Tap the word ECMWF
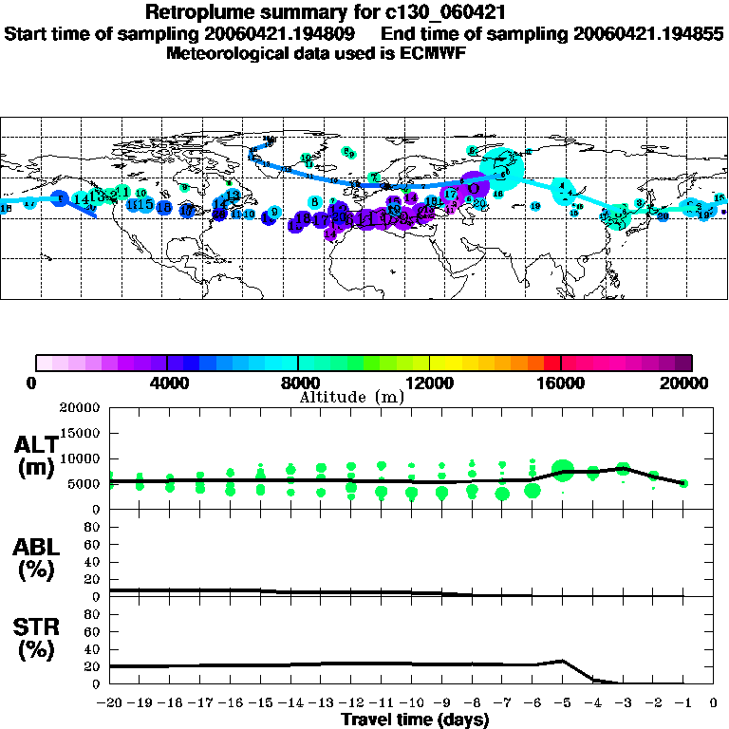point(437,53)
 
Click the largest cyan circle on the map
point(502,167)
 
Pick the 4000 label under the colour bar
point(166,383)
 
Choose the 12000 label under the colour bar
point(429,383)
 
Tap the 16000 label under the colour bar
point(561,383)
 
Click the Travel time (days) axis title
point(414,720)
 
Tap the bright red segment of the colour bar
point(551,363)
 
